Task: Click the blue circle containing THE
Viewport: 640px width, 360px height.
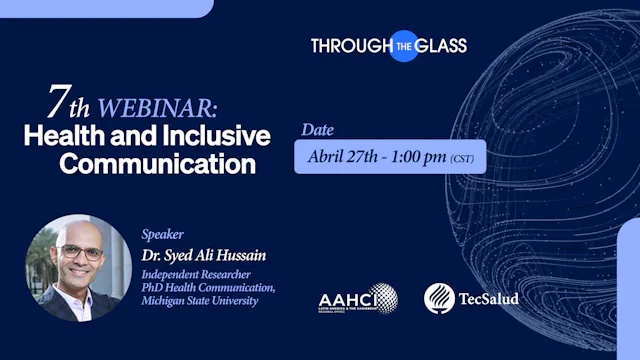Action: click(404, 45)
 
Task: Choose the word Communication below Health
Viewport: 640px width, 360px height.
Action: click(157, 162)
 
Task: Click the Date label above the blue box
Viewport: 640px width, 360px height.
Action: click(318, 130)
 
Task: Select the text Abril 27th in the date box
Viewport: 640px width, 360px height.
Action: click(341, 157)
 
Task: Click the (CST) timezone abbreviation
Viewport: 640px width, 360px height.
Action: click(463, 158)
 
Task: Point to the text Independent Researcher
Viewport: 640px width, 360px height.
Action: click(195, 274)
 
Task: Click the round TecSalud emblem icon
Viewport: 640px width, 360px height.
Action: click(440, 298)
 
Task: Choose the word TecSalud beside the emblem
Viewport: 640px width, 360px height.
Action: click(490, 299)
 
